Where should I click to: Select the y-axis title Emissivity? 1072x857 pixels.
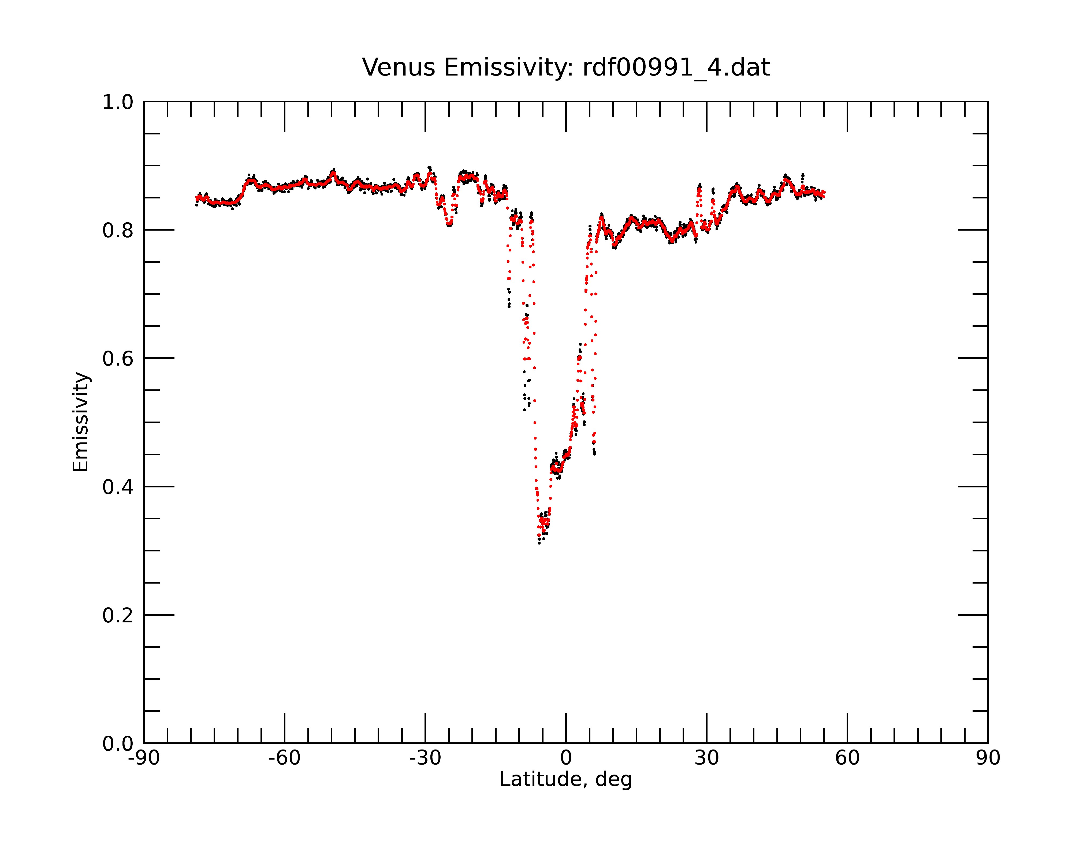pos(81,422)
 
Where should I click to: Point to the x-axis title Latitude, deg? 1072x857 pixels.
pos(566,779)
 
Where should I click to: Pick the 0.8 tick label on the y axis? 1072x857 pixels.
pos(118,231)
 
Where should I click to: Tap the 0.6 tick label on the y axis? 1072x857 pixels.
pos(118,359)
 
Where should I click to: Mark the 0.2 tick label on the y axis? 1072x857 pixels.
pos(118,615)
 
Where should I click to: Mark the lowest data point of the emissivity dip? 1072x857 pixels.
pos(539,543)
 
